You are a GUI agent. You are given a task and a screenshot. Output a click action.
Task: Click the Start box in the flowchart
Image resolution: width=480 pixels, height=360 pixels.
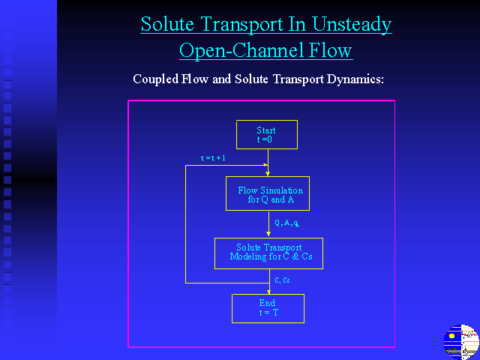click(x=267, y=135)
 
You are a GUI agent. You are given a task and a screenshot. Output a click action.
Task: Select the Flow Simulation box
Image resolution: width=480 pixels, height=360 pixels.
click(x=268, y=193)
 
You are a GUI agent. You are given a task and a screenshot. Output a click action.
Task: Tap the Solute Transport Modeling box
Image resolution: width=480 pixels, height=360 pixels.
click(x=268, y=253)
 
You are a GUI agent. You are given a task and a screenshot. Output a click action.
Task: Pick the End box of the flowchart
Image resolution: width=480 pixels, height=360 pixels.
click(x=268, y=308)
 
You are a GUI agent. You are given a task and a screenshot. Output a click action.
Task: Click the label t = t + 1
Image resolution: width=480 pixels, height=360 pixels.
click(x=213, y=158)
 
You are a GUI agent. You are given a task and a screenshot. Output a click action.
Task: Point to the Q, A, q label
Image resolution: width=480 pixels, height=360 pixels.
click(x=286, y=223)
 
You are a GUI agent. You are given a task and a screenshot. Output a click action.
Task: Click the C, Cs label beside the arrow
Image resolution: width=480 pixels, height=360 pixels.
click(x=282, y=280)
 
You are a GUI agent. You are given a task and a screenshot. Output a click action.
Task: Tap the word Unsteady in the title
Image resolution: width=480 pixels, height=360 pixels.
click(x=352, y=25)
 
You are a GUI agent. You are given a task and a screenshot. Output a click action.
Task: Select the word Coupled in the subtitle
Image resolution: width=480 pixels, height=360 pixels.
click(x=156, y=79)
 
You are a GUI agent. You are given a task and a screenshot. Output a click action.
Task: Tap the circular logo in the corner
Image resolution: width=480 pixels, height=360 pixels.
click(x=461, y=342)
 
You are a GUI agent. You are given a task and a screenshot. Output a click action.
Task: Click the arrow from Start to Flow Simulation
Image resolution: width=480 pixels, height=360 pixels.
click(x=268, y=163)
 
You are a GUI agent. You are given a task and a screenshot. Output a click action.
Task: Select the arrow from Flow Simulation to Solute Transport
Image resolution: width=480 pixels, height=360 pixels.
click(x=268, y=224)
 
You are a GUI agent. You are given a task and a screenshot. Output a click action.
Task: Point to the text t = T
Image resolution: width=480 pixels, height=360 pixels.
click(x=268, y=313)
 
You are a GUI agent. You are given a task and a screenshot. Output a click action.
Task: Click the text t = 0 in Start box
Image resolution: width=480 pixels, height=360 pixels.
click(x=265, y=139)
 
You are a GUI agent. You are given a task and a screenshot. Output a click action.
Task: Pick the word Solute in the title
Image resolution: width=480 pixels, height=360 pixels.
click(x=167, y=24)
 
